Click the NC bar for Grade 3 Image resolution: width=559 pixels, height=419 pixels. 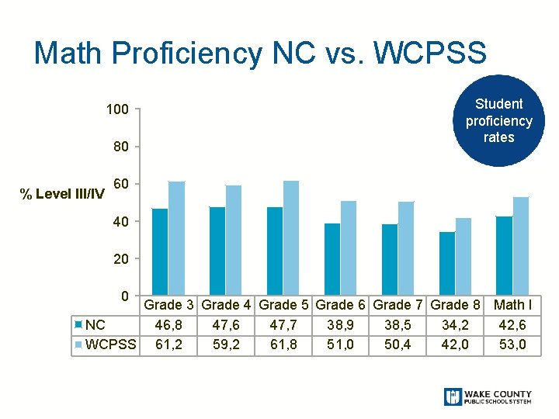tap(160, 252)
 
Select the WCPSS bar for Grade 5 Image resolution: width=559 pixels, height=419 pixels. tap(291, 238)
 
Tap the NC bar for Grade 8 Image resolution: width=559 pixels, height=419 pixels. tap(447, 264)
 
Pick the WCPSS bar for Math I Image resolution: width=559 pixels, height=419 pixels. tap(521, 246)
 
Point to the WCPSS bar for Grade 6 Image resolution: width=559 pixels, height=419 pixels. tap(349, 248)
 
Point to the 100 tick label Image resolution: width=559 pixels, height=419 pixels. tap(117, 109)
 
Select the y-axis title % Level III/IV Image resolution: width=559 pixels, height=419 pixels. tap(62, 194)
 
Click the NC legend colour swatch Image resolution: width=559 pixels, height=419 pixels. tap(78, 324)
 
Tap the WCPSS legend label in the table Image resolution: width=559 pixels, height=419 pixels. tap(111, 345)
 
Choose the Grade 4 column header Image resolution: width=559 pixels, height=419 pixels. tap(226, 305)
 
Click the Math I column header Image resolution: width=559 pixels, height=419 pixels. tap(512, 305)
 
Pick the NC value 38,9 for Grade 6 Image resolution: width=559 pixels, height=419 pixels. tap(340, 325)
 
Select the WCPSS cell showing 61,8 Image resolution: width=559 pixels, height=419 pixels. tap(283, 345)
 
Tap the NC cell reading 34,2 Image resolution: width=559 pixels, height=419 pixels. tap(455, 325)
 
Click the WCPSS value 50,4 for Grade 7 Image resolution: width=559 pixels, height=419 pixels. tap(398, 345)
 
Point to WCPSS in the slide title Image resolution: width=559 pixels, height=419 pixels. tap(430, 53)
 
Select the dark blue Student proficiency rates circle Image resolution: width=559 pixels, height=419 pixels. tap(498, 120)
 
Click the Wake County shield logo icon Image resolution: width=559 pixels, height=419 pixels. tap(453, 396)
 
